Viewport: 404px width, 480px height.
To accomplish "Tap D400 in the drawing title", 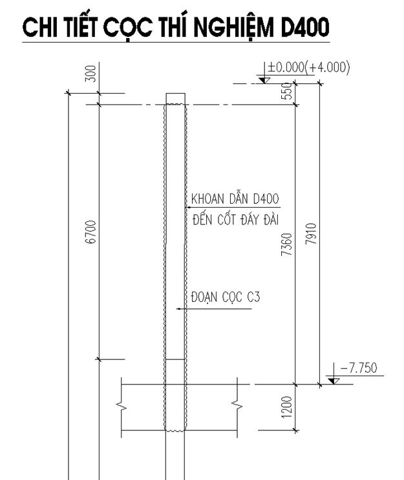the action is pyautogui.click(x=305, y=27).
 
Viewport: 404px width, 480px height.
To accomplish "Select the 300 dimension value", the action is pyautogui.click(x=90, y=74).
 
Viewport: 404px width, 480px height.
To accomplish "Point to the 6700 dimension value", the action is pyautogui.click(x=90, y=232).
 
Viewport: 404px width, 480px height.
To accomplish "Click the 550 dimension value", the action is pyautogui.click(x=287, y=91).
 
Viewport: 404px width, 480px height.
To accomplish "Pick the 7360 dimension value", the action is pyautogui.click(x=287, y=245).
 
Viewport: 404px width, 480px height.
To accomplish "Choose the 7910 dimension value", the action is pyautogui.click(x=311, y=234).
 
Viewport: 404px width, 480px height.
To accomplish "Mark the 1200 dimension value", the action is pyautogui.click(x=287, y=407).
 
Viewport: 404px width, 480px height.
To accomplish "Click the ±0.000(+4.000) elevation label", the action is pyautogui.click(x=308, y=67).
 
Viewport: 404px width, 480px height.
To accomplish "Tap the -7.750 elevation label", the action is pyautogui.click(x=359, y=368).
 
